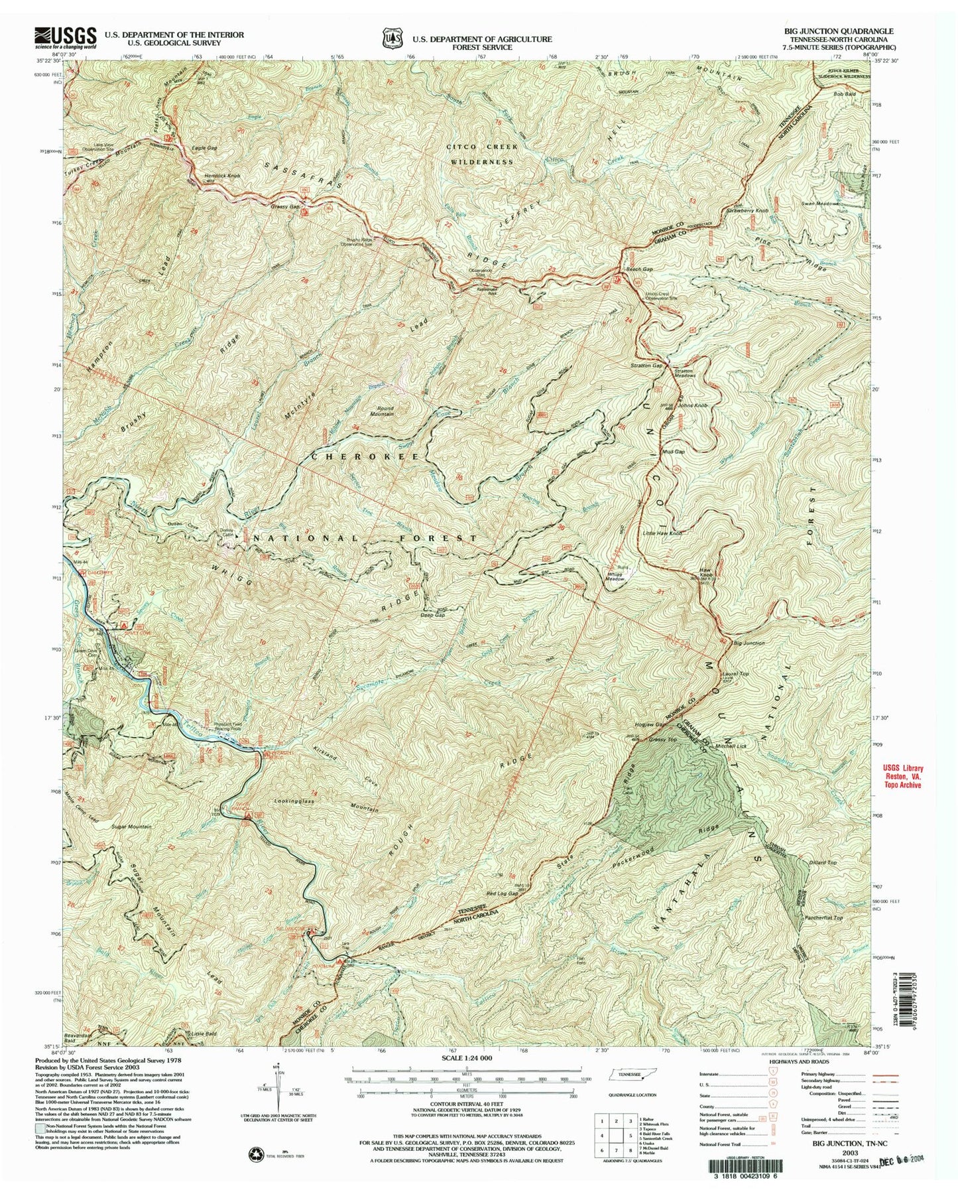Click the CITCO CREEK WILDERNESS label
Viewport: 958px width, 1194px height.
[x=481, y=153]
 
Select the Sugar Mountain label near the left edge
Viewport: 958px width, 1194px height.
[x=131, y=827]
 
